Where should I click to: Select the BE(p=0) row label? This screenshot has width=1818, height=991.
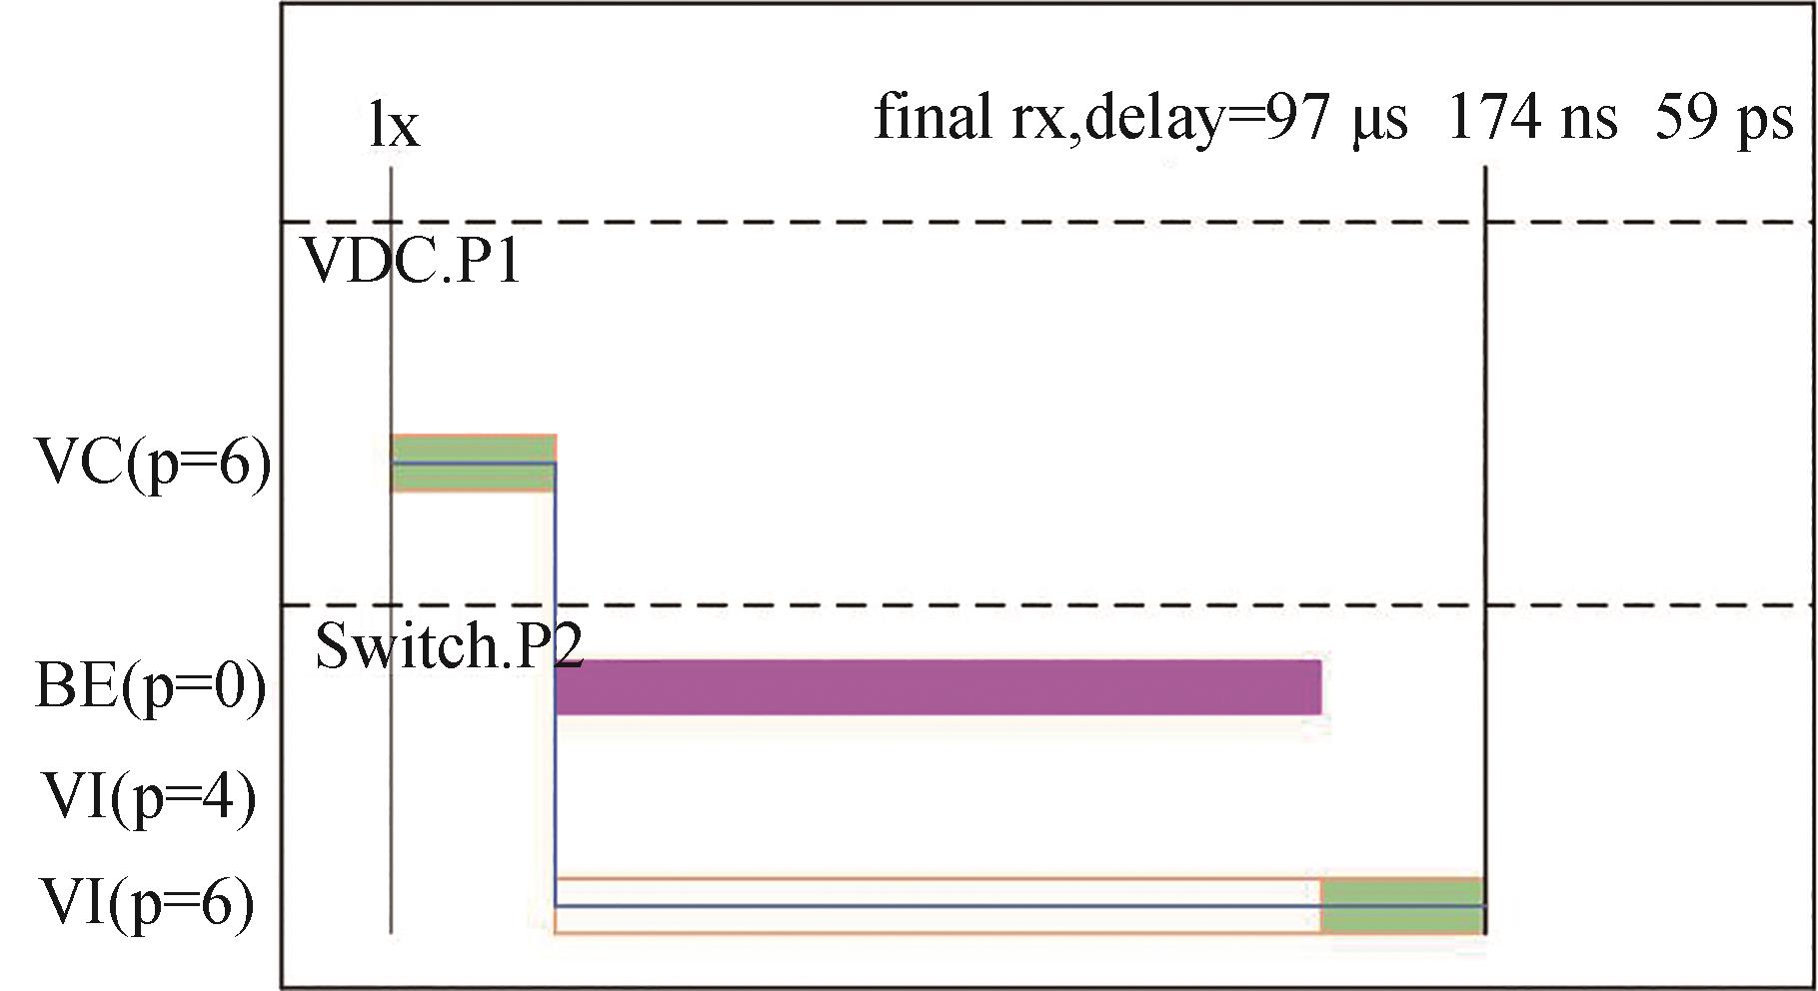point(151,687)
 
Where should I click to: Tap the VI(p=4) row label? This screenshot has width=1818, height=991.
point(150,797)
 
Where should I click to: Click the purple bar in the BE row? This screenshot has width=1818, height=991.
point(937,687)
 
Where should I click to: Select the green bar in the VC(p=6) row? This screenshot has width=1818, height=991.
point(473,464)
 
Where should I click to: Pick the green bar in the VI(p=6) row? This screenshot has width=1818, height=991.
point(1401,906)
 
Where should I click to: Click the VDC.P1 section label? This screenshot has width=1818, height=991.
point(411,262)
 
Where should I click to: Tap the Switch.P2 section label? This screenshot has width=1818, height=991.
point(449,646)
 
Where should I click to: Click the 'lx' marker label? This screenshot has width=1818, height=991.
point(394,127)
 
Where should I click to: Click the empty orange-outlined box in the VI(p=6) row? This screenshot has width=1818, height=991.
point(937,906)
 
